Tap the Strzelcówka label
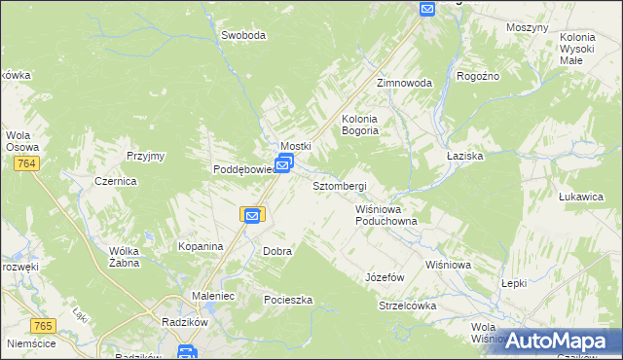(x=407, y=306)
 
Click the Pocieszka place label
(x=288, y=300)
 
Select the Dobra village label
(x=277, y=251)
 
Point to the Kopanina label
(x=201, y=247)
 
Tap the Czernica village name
(x=115, y=182)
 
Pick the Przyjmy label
(x=146, y=156)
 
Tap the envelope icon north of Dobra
(x=251, y=215)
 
